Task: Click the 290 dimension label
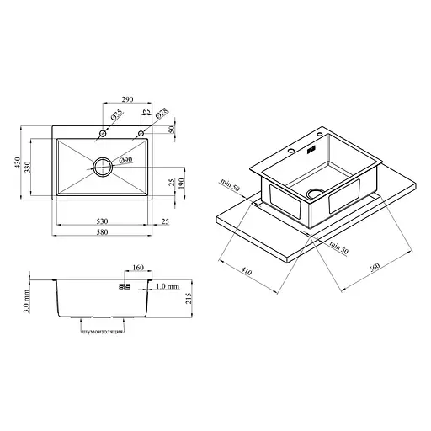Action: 127,99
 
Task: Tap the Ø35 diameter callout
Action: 117,114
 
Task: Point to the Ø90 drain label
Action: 125,160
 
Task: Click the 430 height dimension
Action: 18,162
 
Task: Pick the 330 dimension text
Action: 27,167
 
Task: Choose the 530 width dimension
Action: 102,221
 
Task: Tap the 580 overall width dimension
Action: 102,232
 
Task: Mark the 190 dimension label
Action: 182,184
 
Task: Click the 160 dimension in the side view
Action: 138,268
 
